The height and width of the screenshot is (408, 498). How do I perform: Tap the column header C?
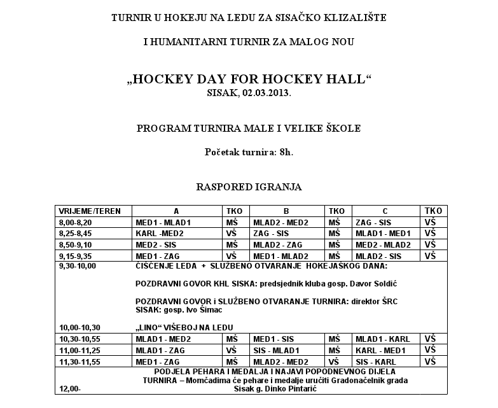385,211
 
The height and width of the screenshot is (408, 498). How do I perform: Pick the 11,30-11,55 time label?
80,362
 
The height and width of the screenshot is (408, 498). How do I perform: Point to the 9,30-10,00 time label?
78,265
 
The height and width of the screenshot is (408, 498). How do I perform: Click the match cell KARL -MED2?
160,234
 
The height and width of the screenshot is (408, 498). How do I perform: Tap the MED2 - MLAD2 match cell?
384,244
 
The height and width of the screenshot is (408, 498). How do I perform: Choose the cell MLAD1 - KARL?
383,339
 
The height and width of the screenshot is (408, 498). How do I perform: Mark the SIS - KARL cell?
380,362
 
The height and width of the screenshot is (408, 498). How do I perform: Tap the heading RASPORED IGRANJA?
249,187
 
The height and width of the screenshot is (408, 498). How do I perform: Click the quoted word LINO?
153,327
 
